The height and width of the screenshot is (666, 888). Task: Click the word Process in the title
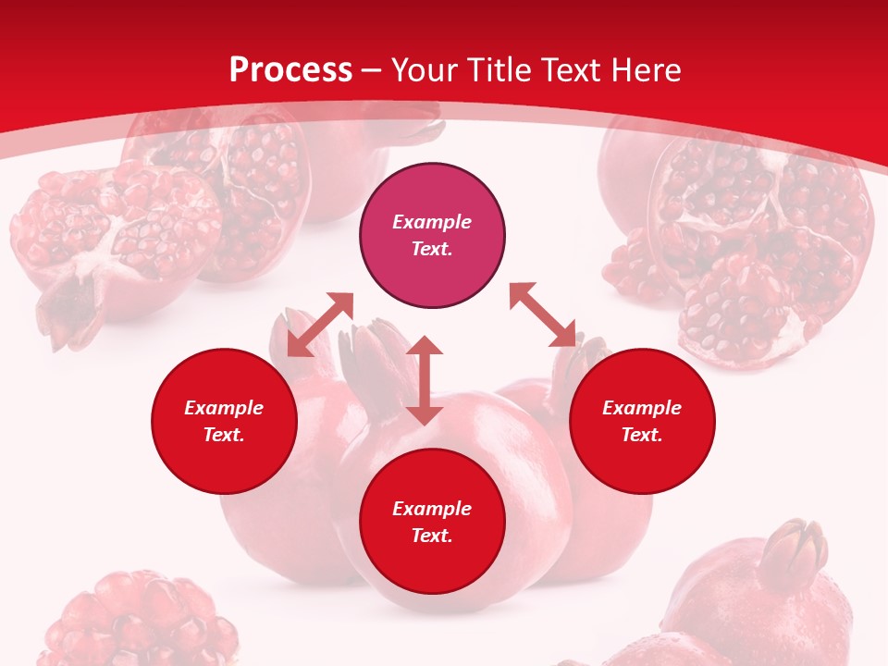tap(290, 70)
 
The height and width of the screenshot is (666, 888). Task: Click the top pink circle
tap(432, 235)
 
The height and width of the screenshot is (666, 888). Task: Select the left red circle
tap(224, 421)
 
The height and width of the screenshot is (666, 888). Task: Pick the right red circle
tap(642, 421)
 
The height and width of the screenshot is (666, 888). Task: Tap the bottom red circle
tap(432, 522)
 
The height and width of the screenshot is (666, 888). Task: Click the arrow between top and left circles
tap(320, 325)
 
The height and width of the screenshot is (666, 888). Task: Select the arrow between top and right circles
tap(543, 314)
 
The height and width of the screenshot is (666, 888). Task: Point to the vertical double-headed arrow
tap(425, 380)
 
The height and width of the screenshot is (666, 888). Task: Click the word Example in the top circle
tap(432, 222)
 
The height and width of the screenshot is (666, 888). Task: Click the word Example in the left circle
tap(224, 408)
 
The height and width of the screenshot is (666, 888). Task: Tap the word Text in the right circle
tap(642, 435)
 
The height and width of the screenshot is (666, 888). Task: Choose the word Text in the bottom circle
tap(432, 536)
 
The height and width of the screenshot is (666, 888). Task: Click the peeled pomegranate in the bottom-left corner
tap(139, 620)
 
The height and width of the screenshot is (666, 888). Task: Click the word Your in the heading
tap(422, 70)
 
